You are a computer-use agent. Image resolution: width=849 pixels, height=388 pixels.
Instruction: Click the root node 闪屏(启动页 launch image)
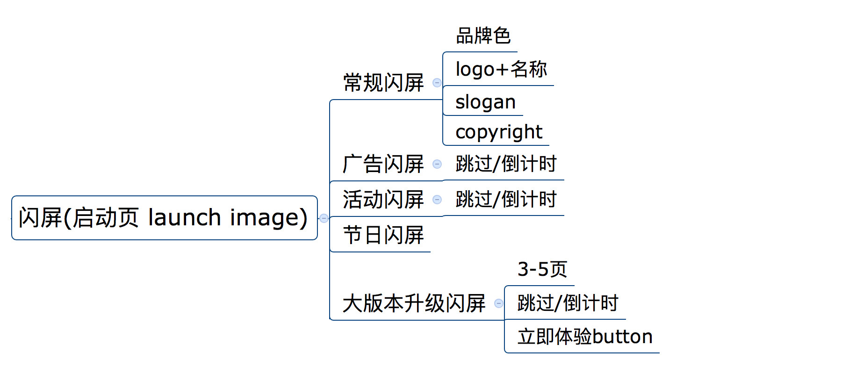click(x=165, y=218)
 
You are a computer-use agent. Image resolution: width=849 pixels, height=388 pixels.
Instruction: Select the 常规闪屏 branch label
click(x=383, y=83)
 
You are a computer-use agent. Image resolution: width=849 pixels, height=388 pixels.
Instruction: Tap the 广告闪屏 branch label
click(x=383, y=164)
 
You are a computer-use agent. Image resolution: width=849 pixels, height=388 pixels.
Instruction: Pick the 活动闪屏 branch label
click(x=383, y=200)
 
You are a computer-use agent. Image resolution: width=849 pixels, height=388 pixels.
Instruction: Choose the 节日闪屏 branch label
click(x=383, y=235)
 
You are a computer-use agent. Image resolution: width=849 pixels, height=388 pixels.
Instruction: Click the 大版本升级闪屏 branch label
click(x=414, y=303)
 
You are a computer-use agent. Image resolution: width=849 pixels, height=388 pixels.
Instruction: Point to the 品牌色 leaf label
click(x=483, y=36)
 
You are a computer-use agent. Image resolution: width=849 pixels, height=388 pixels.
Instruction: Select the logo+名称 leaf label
click(x=501, y=69)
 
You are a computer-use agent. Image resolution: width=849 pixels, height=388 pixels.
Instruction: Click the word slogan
click(x=486, y=102)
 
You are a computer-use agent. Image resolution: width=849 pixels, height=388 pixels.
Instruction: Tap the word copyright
click(x=499, y=132)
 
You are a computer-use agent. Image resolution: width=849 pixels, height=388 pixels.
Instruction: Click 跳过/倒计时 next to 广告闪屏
click(x=506, y=164)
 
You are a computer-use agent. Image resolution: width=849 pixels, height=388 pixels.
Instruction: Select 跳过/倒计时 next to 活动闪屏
click(x=506, y=199)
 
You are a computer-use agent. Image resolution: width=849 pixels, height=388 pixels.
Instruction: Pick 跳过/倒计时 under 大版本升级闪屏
click(x=568, y=303)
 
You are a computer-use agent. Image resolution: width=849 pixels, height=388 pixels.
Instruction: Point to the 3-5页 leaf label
click(x=542, y=269)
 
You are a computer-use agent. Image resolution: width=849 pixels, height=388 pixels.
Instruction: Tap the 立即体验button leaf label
click(x=585, y=337)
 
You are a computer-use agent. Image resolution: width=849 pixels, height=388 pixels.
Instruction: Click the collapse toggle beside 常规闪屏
click(x=437, y=83)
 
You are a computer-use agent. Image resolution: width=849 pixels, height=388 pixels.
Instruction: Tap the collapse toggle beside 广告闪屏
click(x=437, y=164)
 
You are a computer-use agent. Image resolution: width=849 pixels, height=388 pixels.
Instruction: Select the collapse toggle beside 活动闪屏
click(x=437, y=200)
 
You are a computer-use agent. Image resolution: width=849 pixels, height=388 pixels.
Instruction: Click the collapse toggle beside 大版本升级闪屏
click(x=499, y=303)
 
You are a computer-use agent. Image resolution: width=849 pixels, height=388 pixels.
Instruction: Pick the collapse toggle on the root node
click(x=324, y=218)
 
